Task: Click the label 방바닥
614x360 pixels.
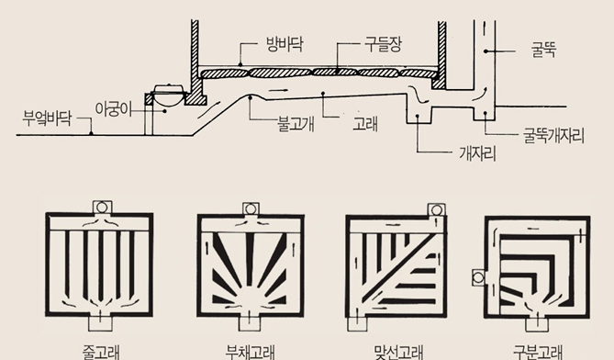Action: [285, 45]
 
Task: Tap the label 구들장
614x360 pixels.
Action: [383, 45]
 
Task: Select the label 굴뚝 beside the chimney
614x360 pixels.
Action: [543, 51]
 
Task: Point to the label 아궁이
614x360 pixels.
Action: [113, 109]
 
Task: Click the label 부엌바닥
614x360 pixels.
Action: [47, 118]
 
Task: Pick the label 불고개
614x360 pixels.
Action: [296, 124]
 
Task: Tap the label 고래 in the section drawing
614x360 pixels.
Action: [365, 124]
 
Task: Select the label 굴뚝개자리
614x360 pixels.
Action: [553, 136]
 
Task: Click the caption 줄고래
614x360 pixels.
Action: [101, 352]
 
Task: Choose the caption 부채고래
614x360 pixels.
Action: [251, 352]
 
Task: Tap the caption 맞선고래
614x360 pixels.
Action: [398, 352]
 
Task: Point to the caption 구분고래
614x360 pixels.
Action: [538, 352]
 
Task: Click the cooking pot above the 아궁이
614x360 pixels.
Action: [168, 94]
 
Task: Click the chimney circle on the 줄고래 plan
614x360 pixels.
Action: [102, 208]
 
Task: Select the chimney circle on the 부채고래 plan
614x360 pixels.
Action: [251, 209]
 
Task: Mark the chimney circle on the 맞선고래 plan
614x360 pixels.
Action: [437, 210]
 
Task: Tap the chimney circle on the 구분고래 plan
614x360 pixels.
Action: [478, 278]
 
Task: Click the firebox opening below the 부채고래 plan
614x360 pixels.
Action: [250, 323]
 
